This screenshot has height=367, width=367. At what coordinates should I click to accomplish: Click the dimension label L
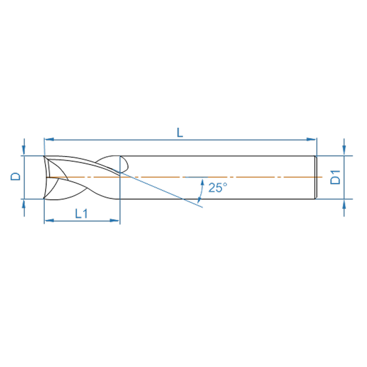pyautogui.click(x=180, y=133)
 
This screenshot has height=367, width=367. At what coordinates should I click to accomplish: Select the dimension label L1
pyautogui.click(x=82, y=213)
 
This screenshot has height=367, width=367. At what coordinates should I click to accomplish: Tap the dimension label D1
pyautogui.click(x=336, y=177)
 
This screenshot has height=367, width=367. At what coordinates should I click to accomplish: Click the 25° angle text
pyautogui.click(x=218, y=188)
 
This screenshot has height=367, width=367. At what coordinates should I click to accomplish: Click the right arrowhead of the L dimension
pyautogui.click(x=312, y=139)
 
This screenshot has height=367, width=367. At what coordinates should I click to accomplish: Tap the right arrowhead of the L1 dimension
pyautogui.click(x=115, y=221)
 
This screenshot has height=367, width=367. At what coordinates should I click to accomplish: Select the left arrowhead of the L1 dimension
pyautogui.click(x=49, y=221)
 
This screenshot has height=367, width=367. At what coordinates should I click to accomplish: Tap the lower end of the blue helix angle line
pyautogui.click(x=202, y=207)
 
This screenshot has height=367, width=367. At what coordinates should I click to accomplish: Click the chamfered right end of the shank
pyautogui.click(x=315, y=177)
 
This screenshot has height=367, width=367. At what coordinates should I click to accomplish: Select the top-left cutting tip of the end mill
pyautogui.click(x=44, y=156)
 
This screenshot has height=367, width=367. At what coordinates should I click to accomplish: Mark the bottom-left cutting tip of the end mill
pyautogui.click(x=44, y=198)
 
